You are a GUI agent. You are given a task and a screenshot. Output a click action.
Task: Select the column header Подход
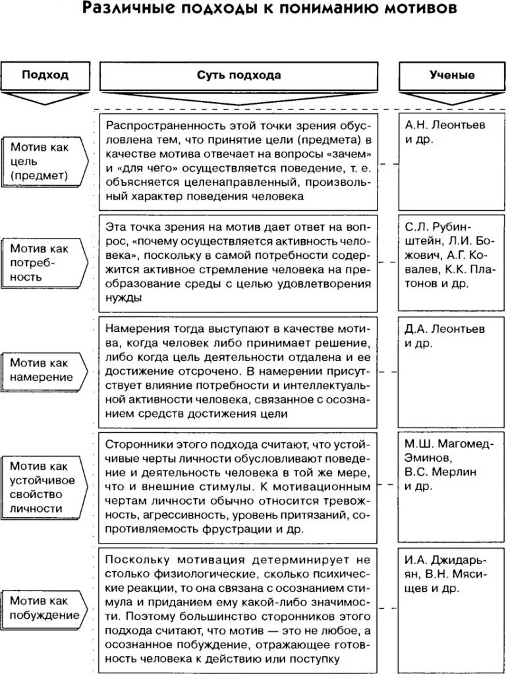click(45, 74)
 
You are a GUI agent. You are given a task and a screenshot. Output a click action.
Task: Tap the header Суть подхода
click(239, 74)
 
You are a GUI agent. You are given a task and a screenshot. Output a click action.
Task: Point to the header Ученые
click(451, 74)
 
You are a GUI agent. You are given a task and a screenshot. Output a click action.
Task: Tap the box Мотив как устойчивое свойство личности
click(45, 487)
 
